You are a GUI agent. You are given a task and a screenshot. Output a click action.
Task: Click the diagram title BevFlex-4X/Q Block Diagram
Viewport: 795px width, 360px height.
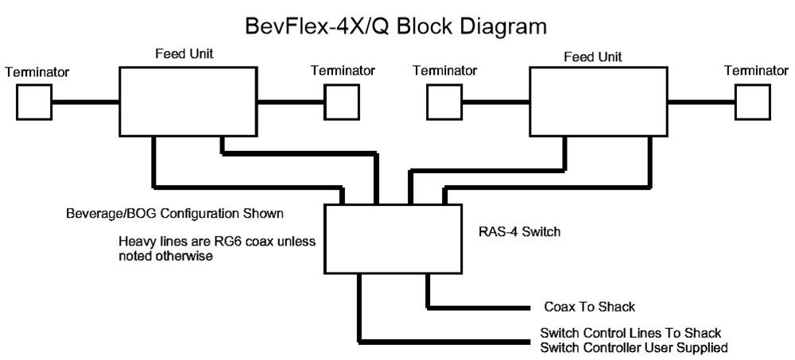point(395,26)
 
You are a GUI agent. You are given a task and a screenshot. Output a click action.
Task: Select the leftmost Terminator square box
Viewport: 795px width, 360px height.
point(34,103)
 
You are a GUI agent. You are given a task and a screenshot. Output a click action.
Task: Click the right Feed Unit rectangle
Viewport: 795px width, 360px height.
point(598,102)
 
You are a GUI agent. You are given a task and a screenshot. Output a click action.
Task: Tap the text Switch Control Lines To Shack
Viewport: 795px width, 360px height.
point(630,333)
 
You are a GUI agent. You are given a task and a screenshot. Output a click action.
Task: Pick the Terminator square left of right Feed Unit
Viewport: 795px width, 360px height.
point(445,103)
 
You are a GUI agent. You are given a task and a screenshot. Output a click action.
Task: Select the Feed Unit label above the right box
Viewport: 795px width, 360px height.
point(592,56)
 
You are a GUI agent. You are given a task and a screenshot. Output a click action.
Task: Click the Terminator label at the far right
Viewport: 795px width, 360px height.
point(755,71)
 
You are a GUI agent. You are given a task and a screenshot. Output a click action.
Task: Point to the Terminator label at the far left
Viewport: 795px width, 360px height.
point(37,72)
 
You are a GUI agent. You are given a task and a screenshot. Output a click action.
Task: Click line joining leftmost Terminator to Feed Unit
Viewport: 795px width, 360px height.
point(85,103)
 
